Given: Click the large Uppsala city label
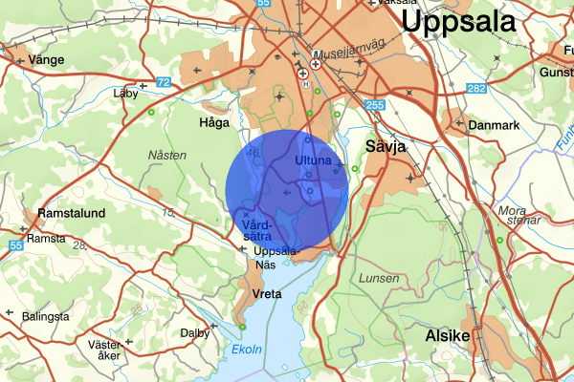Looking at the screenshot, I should point(470,23).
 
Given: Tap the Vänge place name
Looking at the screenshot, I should point(46,59).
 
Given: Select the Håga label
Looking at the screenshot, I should point(213,123).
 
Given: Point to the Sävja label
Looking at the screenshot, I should point(386,146).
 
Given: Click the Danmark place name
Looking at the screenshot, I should point(493,125).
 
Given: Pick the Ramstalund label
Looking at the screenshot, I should point(70,213).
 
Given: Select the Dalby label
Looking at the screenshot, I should point(195,333).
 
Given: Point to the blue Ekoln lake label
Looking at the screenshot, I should point(248,350).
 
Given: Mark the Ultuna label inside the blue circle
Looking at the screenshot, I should point(313,159).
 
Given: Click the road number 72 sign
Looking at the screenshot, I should point(163,83).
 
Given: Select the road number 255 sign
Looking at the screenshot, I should point(374,105).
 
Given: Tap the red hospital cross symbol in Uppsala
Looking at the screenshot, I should point(303,73).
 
